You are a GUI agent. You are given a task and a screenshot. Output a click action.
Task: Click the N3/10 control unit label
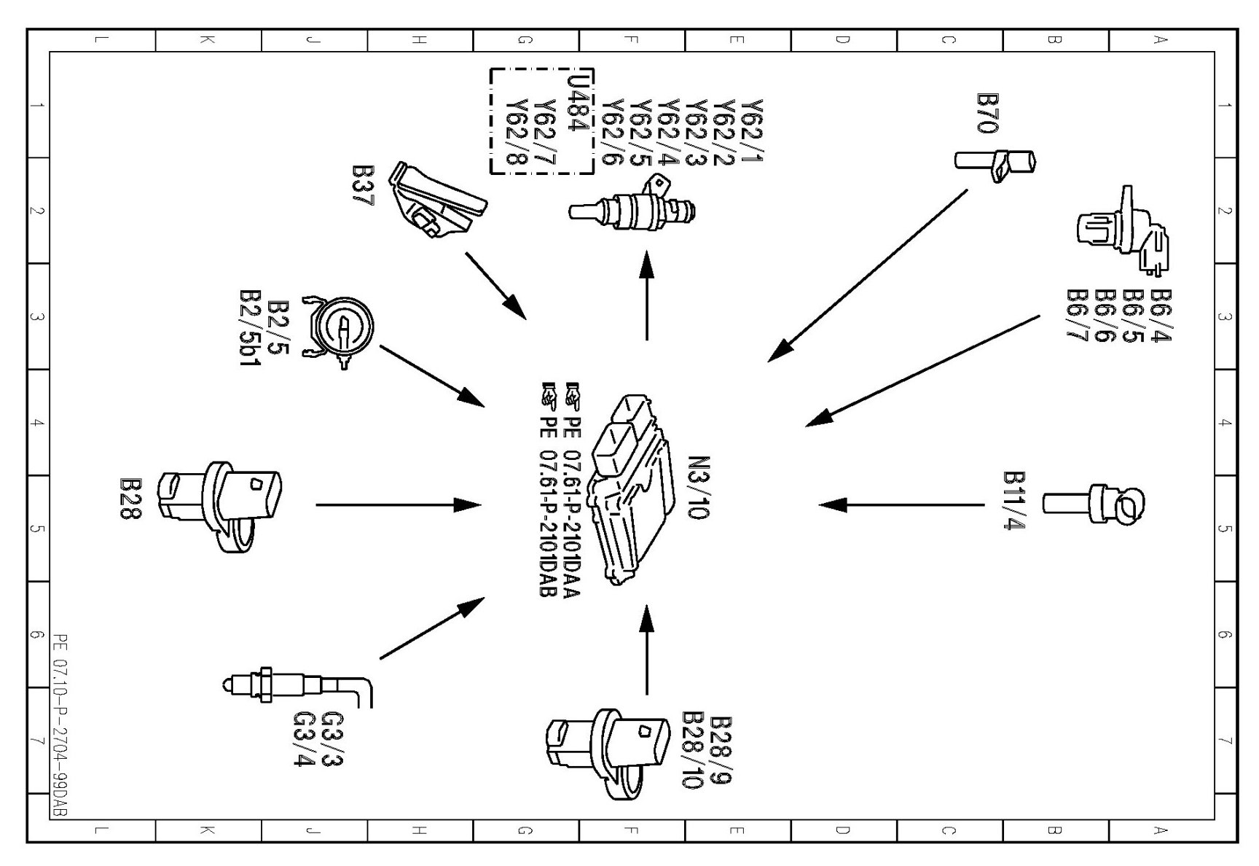point(698,488)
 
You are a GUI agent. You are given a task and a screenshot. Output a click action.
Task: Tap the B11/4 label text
point(1014,500)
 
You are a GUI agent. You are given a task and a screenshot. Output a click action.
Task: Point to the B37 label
point(362,185)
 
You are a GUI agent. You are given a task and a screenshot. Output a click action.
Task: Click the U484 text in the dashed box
point(576,102)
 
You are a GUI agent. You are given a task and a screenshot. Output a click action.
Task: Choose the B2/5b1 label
point(250,327)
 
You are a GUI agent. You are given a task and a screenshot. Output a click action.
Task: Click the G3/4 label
point(303,738)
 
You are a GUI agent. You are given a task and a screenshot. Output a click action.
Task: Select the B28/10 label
point(691,750)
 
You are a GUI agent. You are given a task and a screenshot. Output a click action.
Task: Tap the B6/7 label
point(1077,315)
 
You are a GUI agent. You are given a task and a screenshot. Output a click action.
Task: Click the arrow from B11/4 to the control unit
point(901,504)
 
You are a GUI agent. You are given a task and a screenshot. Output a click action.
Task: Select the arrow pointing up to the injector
point(646,295)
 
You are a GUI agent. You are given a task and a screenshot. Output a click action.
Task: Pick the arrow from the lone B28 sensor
point(398,504)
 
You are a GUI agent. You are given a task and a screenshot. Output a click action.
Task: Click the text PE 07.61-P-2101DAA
point(573,490)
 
